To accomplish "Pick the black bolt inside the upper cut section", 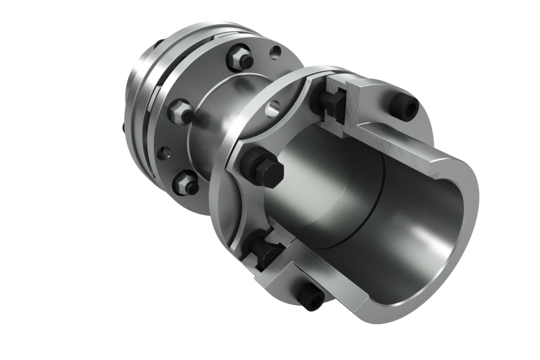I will click(334, 103).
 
